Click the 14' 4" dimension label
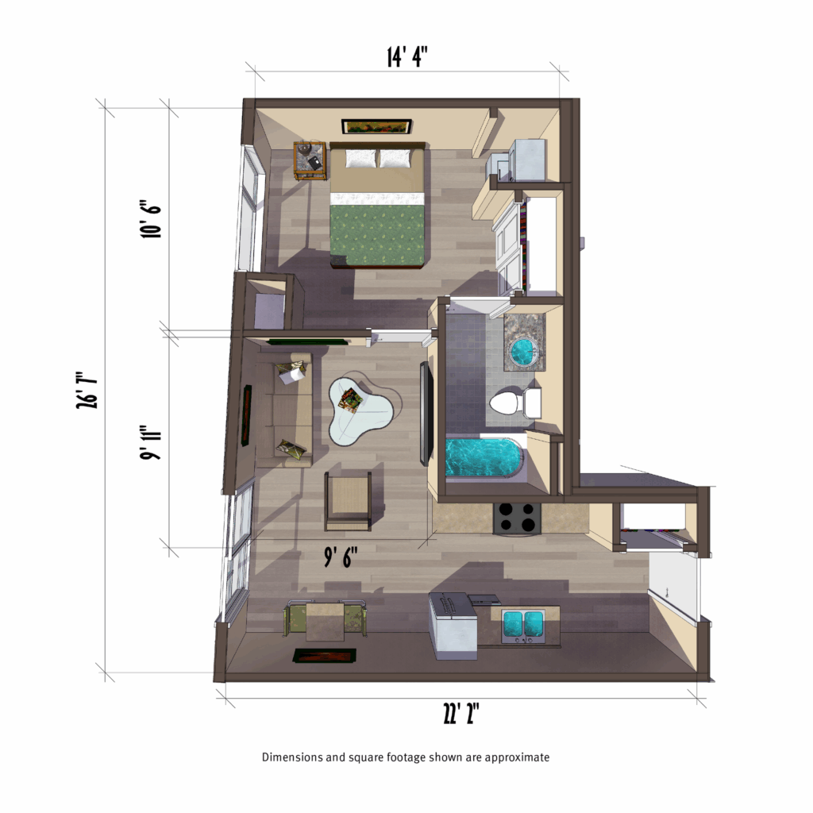coord(408,56)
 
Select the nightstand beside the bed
coord(310,160)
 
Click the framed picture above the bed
coord(376,127)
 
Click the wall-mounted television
coord(426,413)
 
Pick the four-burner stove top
coord(517,518)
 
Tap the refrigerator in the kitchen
coord(453,627)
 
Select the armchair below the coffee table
coord(348,500)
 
